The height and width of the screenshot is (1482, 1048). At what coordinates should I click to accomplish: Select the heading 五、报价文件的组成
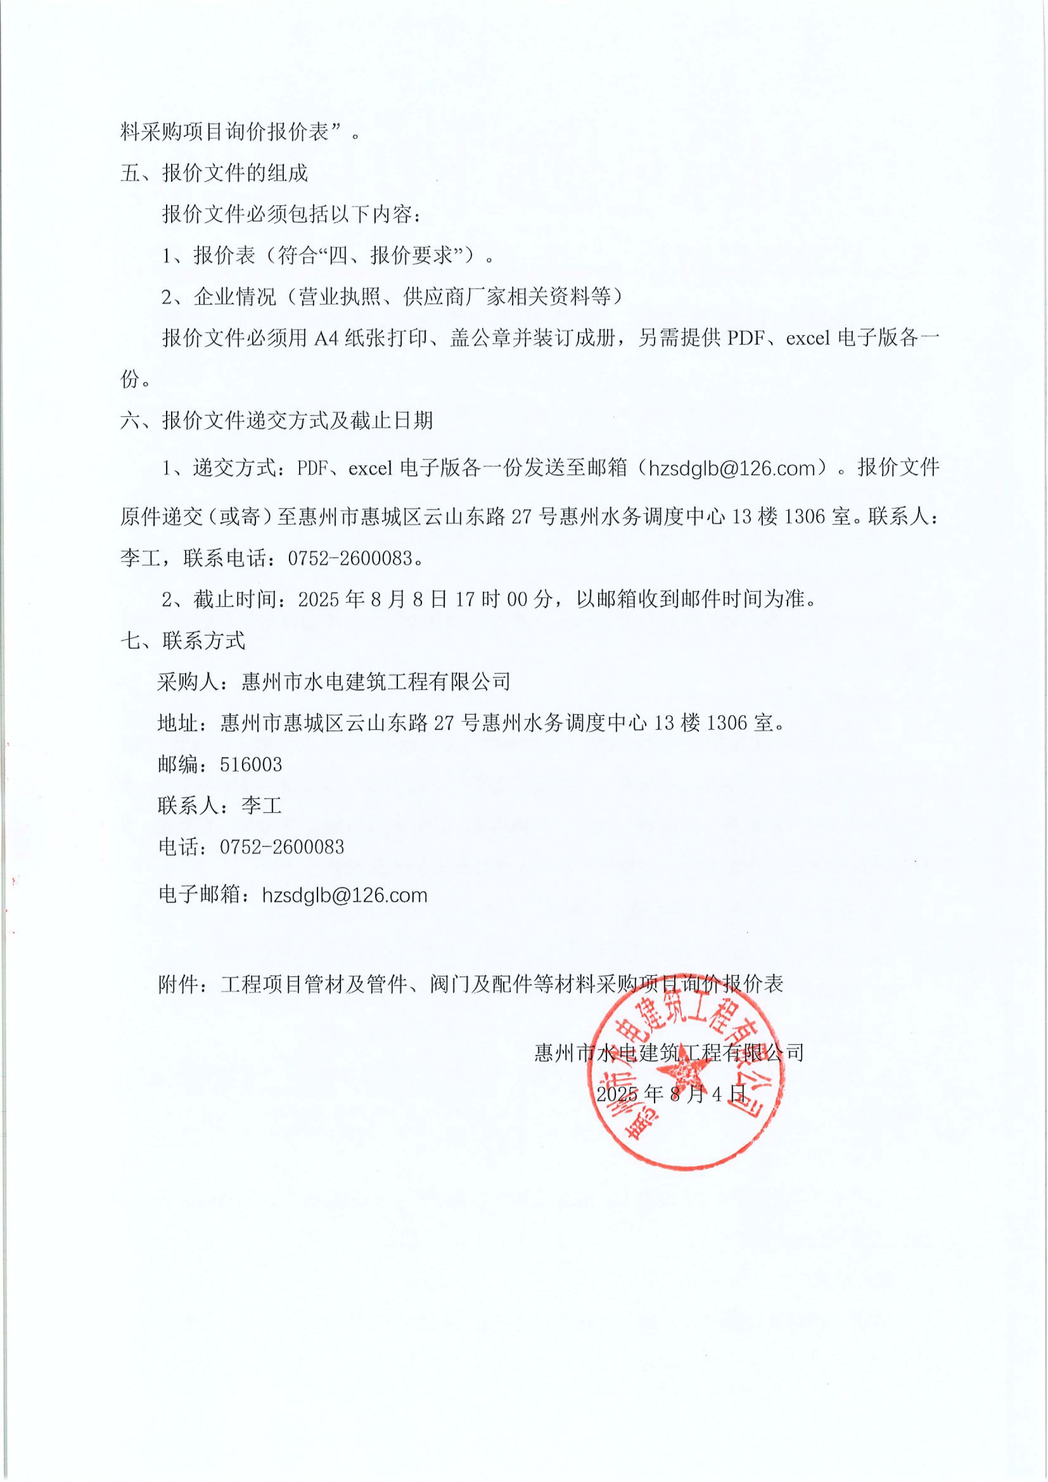[214, 173]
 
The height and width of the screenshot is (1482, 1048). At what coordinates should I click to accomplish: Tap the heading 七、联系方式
[182, 640]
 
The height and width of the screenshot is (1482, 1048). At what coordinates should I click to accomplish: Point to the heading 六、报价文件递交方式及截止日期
[277, 421]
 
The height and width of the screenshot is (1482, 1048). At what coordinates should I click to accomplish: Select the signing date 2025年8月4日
[671, 1093]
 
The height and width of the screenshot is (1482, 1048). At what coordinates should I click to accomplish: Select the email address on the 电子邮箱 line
[345, 895]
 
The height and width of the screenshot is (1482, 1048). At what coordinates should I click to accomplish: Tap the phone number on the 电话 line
[282, 847]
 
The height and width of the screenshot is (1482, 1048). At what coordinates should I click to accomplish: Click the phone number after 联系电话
[350, 558]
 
